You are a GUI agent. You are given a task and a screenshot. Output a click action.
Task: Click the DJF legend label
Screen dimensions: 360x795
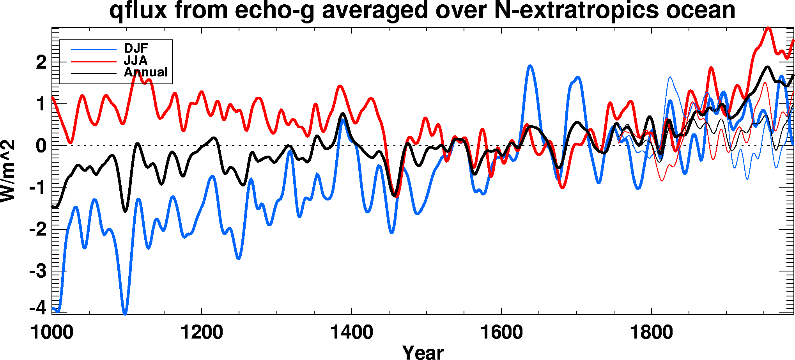136,48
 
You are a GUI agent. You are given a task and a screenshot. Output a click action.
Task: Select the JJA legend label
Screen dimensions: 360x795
136,60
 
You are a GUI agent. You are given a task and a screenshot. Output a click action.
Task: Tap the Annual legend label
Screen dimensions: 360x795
145,72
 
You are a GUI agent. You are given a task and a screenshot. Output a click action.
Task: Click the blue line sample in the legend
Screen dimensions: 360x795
94,50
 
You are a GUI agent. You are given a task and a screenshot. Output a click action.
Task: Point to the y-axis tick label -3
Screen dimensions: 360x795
38,271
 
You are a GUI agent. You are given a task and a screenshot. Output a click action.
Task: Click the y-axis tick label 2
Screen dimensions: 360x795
41,62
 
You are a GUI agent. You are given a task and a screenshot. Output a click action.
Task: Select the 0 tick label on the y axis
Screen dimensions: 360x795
41,146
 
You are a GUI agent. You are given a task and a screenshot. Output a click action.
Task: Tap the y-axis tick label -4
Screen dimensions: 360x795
38,308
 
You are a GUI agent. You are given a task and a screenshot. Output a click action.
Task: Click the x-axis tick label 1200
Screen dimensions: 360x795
202,333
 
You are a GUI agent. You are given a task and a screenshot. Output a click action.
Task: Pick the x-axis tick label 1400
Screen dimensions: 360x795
352,333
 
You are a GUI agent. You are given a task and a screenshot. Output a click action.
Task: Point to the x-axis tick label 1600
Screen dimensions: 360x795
501,333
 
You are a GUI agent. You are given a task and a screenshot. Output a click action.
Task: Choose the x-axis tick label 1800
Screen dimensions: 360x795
652,333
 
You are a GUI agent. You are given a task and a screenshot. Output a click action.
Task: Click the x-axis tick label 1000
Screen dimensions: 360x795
52,333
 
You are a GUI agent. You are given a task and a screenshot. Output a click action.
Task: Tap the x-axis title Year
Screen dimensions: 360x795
423,352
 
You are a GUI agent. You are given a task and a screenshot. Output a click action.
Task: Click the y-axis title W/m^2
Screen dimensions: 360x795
8,171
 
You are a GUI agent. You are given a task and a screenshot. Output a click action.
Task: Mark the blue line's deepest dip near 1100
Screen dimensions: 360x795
125,313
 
